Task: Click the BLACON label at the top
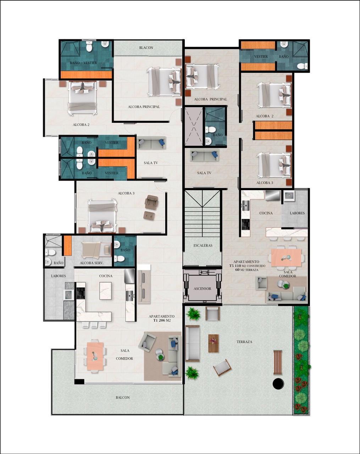click(146, 48)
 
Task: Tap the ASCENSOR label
click(203, 289)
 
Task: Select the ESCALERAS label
click(203, 245)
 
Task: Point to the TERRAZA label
click(244, 342)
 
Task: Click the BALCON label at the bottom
click(123, 398)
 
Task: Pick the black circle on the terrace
click(278, 383)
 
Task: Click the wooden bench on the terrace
click(278, 362)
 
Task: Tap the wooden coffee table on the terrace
click(214, 343)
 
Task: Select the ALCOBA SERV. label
click(92, 263)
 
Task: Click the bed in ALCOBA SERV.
click(96, 250)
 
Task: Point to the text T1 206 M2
click(162, 320)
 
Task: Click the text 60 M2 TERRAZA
click(247, 270)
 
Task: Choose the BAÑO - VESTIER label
click(83, 63)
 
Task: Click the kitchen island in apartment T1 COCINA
click(105, 291)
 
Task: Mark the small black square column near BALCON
click(79, 381)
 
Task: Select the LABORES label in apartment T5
click(297, 213)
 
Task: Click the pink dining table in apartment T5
click(286, 258)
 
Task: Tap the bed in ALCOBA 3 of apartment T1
click(103, 216)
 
